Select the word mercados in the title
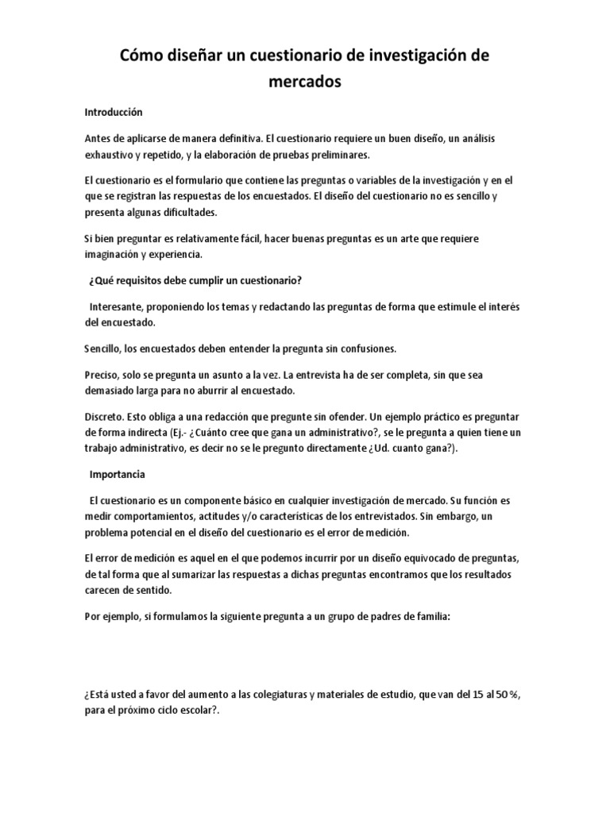point(305,82)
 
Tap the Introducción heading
point(114,113)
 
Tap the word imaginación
point(116,254)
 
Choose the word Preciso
point(102,375)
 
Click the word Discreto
point(104,417)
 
